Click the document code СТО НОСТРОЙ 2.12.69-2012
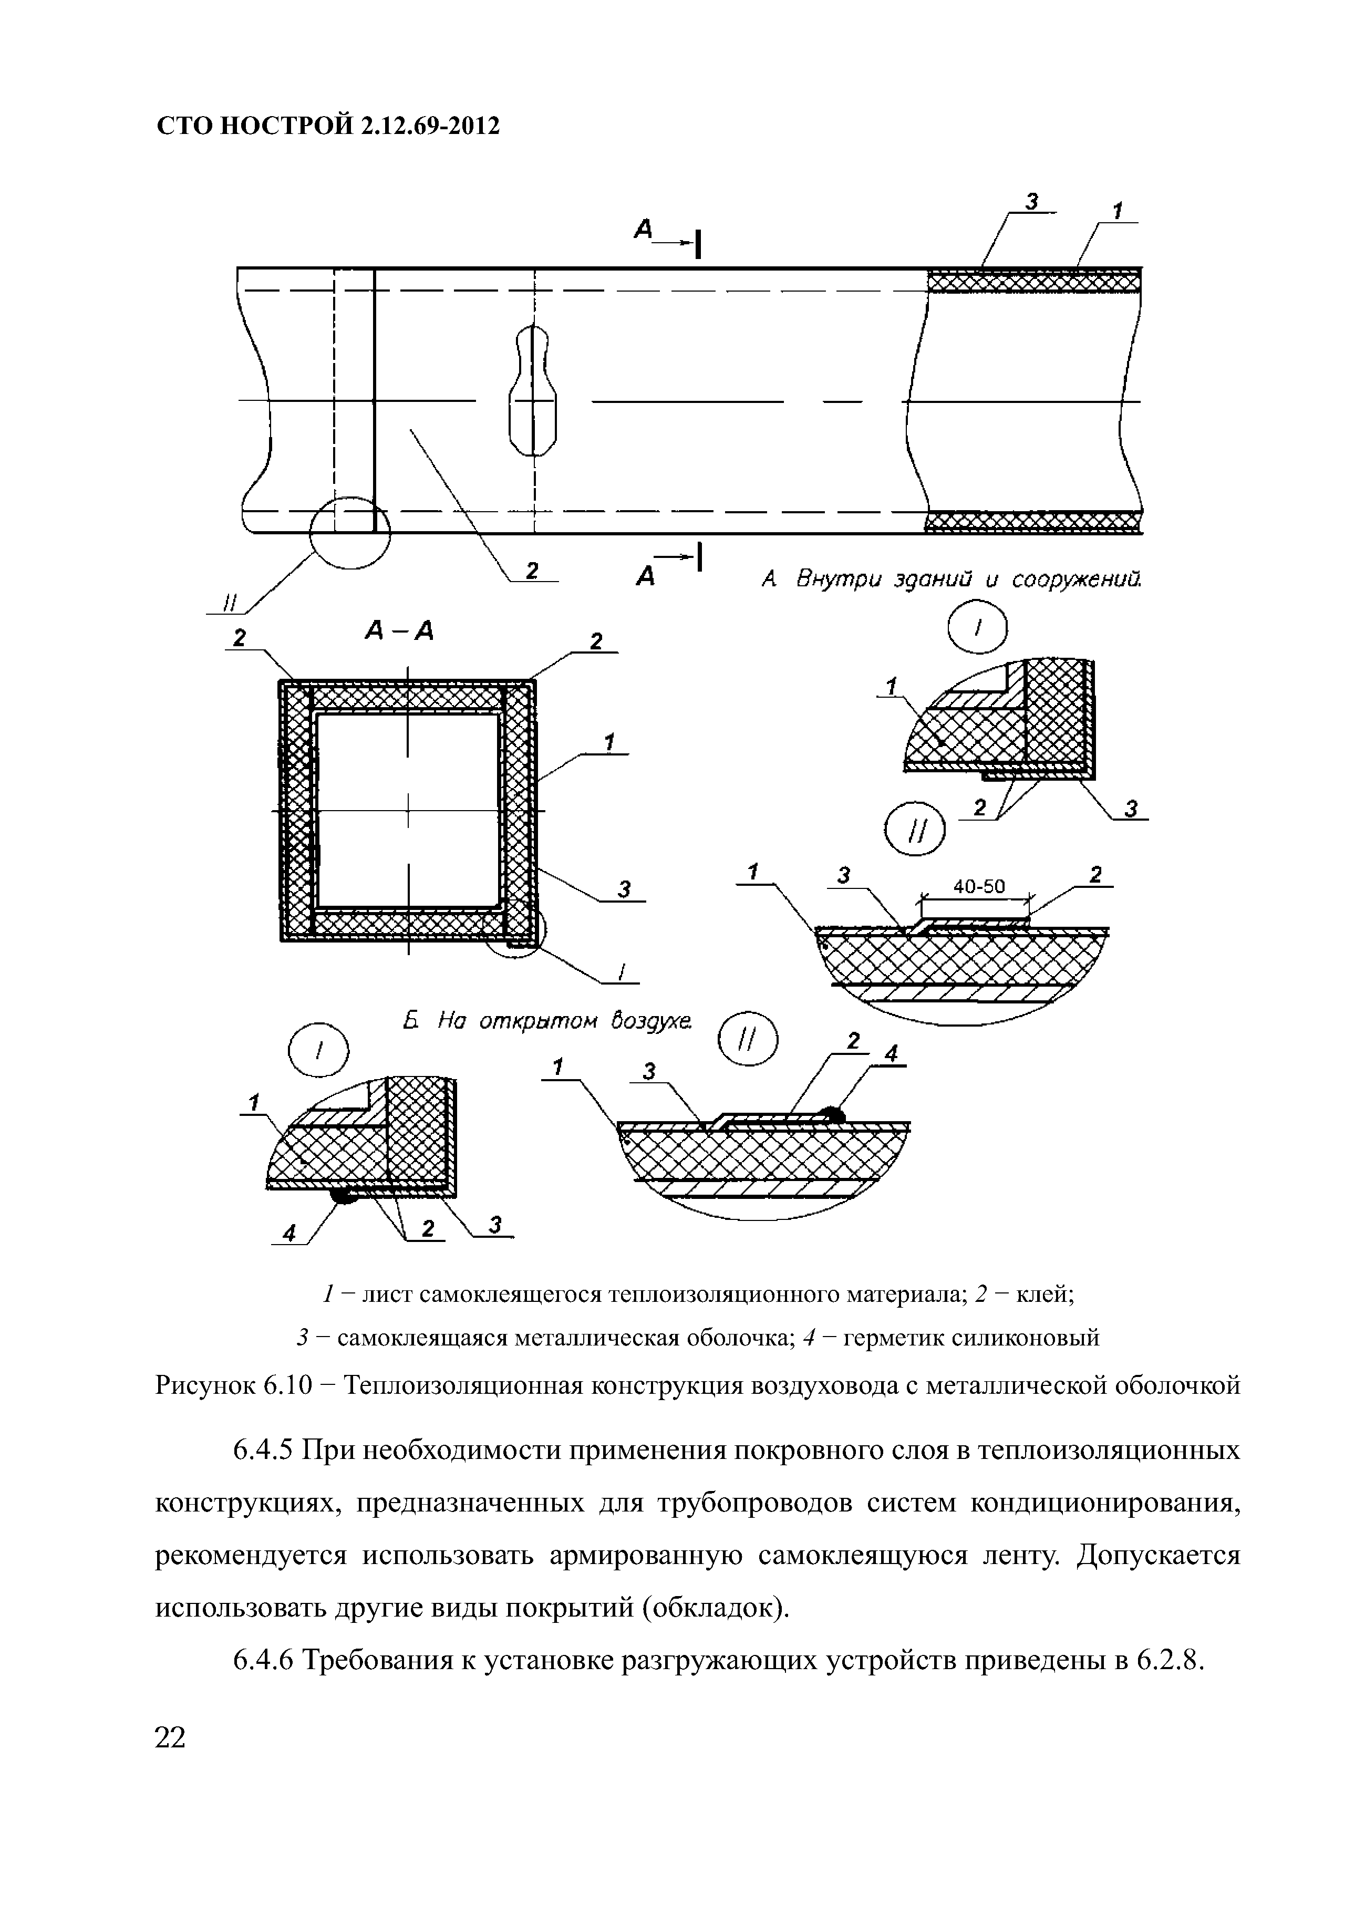tap(328, 126)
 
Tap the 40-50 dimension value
tap(979, 885)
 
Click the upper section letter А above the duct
tap(644, 229)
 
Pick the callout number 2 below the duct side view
tap(531, 571)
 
